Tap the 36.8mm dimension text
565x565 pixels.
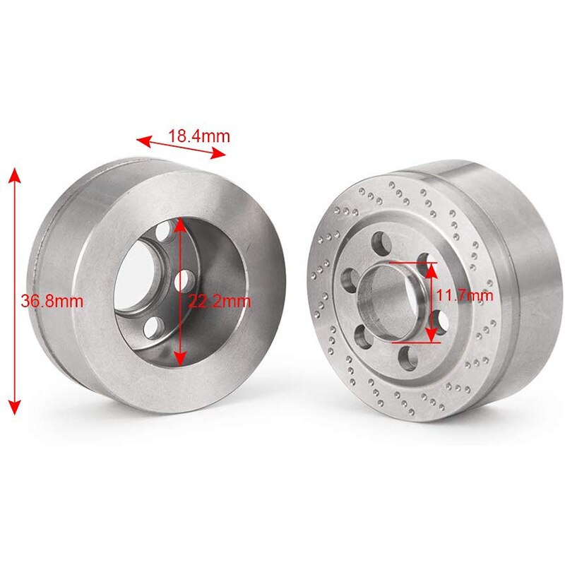pyautogui.click(x=52, y=301)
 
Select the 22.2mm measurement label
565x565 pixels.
pyautogui.click(x=220, y=302)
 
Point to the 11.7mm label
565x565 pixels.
pyautogui.click(x=464, y=295)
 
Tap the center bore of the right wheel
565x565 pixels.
pyautogui.click(x=388, y=297)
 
